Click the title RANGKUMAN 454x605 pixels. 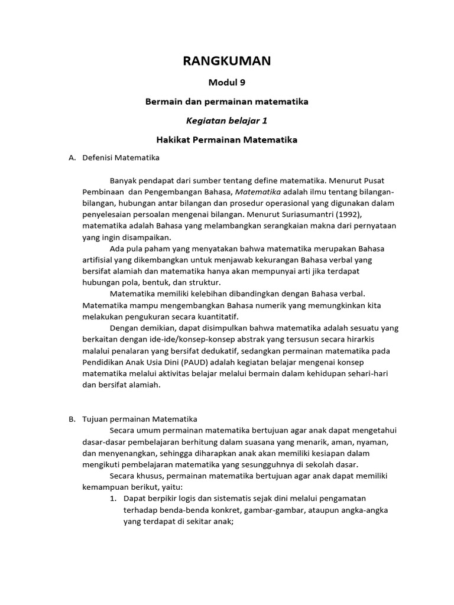click(x=227, y=61)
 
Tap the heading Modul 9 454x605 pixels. click(x=227, y=83)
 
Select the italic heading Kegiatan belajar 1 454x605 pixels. click(x=227, y=121)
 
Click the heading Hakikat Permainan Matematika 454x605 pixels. click(x=227, y=140)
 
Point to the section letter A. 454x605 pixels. click(x=72, y=158)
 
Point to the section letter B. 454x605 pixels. click(x=72, y=419)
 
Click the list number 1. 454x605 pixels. click(x=113, y=499)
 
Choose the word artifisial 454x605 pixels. click(x=100, y=259)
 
